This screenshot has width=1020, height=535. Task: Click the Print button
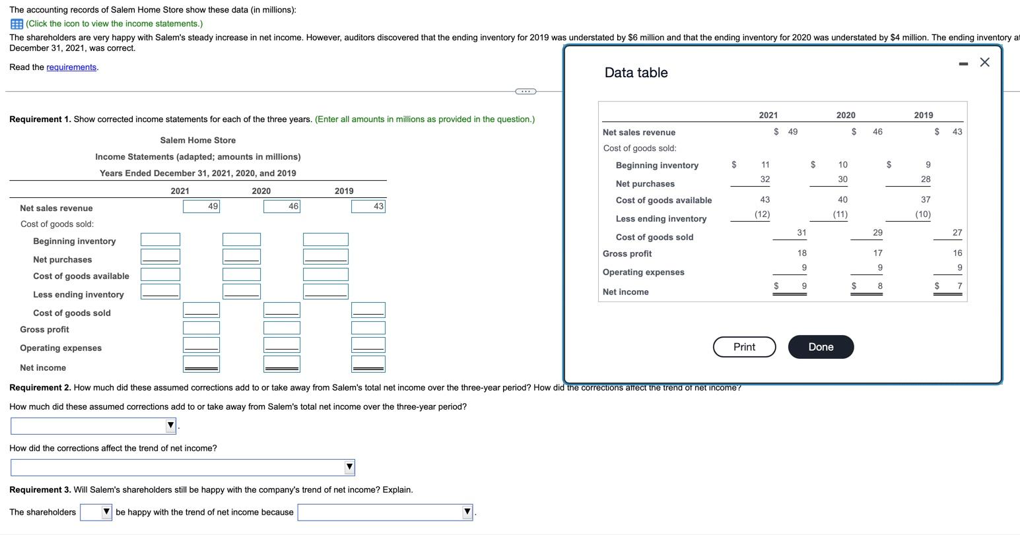744,347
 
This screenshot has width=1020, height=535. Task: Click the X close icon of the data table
985,62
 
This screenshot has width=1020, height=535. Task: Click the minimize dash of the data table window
963,63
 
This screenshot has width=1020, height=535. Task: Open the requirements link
71,67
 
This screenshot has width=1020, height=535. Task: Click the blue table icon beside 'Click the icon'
17,24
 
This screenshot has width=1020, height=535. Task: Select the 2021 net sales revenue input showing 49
201,206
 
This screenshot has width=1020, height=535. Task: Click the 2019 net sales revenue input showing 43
368,206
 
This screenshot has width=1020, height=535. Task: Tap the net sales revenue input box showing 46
282,206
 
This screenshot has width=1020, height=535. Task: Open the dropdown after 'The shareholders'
96,512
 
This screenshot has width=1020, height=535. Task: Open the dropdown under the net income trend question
183,467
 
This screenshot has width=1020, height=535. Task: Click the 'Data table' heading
636,73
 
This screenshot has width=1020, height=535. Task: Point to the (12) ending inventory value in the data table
762,214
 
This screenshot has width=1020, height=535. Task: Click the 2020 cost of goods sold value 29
877,233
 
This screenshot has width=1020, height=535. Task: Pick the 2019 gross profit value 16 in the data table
957,253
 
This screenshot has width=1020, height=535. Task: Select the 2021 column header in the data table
768,115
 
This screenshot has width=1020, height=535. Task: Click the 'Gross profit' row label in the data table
627,254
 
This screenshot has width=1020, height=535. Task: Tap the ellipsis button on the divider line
526,91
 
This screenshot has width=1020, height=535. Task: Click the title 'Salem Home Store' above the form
197,141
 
